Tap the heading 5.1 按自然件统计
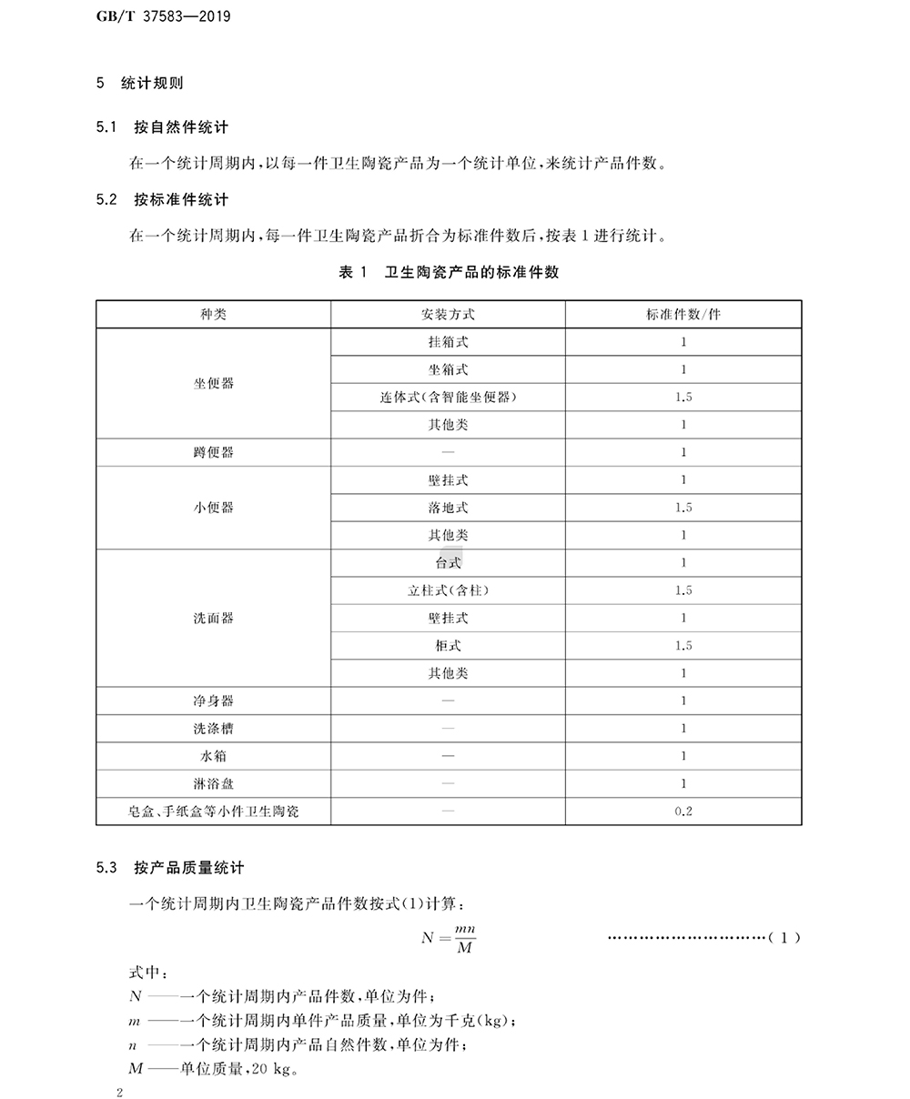coord(162,127)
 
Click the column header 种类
coord(213,315)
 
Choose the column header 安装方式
coord(448,315)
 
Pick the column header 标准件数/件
coord(682,315)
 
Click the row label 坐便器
coord(213,384)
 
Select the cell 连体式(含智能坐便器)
coord(448,398)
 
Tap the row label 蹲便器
coord(213,453)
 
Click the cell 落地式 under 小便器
coord(448,508)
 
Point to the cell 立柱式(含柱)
coord(448,590)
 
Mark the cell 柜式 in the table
coord(448,646)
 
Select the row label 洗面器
coord(213,619)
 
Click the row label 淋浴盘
coord(213,783)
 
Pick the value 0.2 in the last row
coord(683,811)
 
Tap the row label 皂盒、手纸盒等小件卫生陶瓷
coord(213,811)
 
